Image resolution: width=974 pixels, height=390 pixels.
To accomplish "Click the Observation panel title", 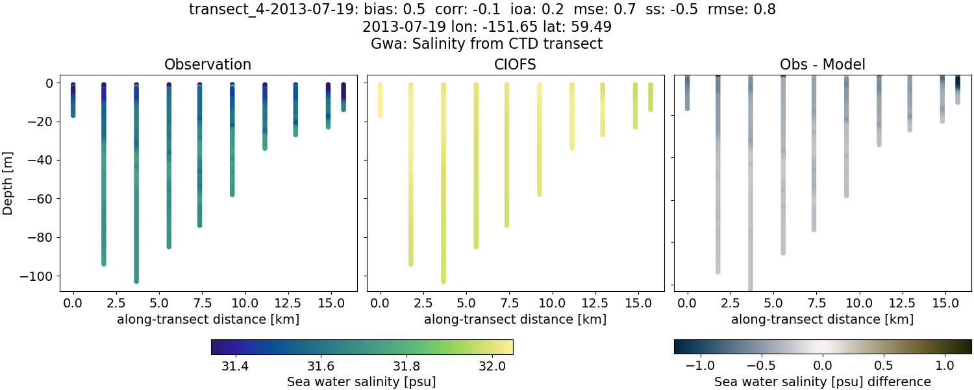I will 208,64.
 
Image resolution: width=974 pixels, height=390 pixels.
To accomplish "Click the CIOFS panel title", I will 515,64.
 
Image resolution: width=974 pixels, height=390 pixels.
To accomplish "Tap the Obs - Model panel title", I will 822,64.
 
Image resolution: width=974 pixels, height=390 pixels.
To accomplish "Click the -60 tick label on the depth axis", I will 41,199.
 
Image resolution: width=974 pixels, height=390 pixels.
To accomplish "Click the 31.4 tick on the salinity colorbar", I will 235,365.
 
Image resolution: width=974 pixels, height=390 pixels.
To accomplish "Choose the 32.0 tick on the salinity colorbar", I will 492,365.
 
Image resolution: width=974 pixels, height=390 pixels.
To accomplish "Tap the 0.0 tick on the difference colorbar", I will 823,365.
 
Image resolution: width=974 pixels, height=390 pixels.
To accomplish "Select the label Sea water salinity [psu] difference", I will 823,382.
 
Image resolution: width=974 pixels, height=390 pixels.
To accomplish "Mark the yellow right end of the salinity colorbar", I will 510,347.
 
